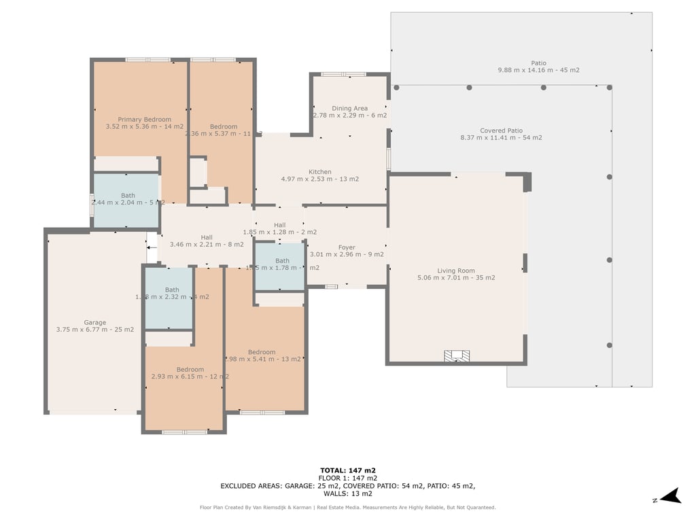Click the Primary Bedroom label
pos(144,120)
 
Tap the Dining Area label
pos(349,108)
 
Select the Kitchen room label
pos(320,172)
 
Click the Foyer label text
pos(347,247)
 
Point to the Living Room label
pos(456,271)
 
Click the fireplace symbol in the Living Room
pos(457,355)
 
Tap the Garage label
pos(95,323)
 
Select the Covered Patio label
pos(501,130)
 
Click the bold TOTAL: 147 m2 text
pos(348,470)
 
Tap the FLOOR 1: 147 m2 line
pos(348,478)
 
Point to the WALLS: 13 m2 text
pos(348,493)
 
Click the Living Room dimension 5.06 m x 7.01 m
pos(456,277)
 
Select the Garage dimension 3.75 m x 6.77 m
pos(95,330)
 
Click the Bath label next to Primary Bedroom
pos(128,196)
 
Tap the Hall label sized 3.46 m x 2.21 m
pos(206,237)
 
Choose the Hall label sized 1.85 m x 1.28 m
pos(279,225)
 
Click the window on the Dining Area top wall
pos(343,74)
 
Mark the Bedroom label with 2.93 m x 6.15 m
pos(190,370)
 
